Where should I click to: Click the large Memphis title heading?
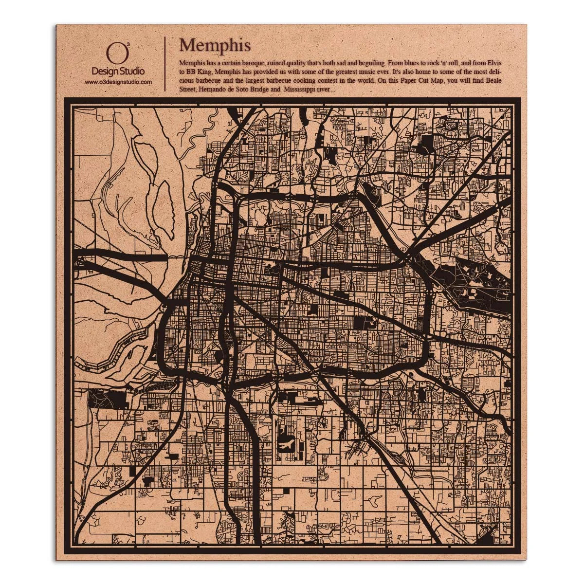point(215,45)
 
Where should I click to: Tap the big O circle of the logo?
point(113,54)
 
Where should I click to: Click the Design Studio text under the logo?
point(118,72)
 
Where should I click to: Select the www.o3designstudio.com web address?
point(118,82)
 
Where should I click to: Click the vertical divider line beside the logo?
point(165,63)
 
